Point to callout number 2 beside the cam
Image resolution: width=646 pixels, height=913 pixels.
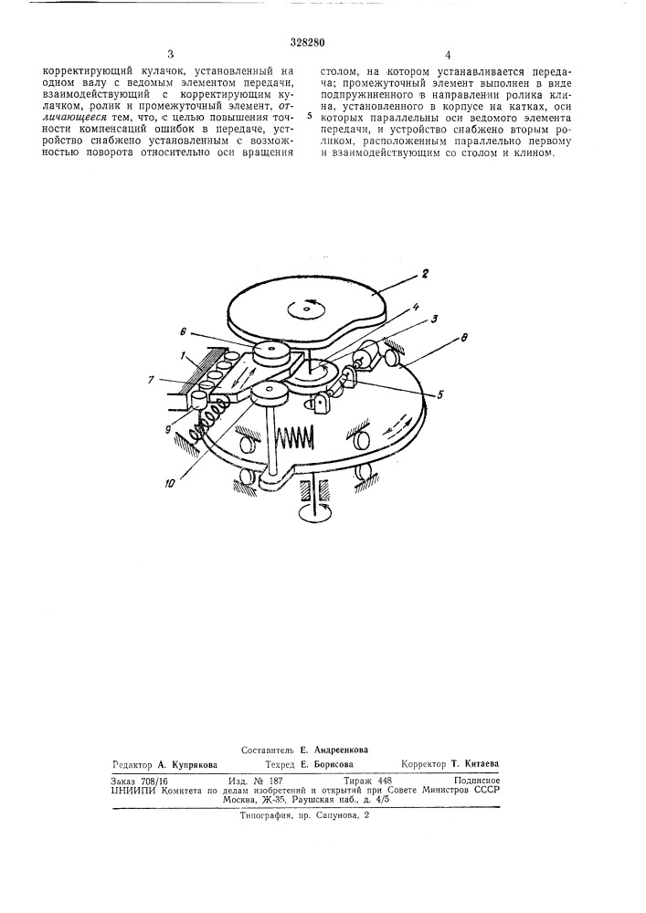(x=426, y=272)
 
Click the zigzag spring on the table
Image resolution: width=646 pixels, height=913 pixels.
(x=296, y=435)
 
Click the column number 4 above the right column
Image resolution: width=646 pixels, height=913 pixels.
(x=448, y=56)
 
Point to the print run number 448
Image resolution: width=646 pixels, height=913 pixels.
(x=384, y=781)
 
